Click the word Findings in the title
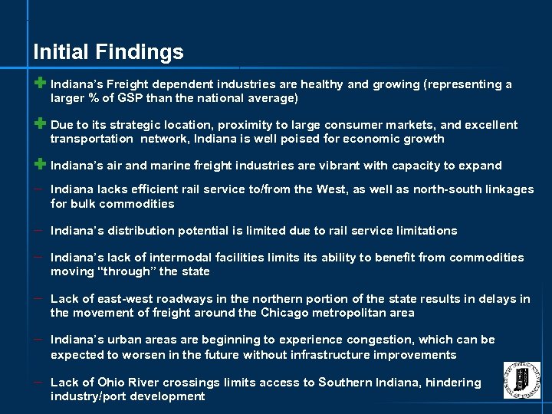(140, 52)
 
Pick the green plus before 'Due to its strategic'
(40, 123)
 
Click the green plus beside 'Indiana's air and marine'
(40, 164)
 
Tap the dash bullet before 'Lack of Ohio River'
(38, 381)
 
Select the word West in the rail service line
(331, 189)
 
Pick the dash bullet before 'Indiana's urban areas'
(38, 338)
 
